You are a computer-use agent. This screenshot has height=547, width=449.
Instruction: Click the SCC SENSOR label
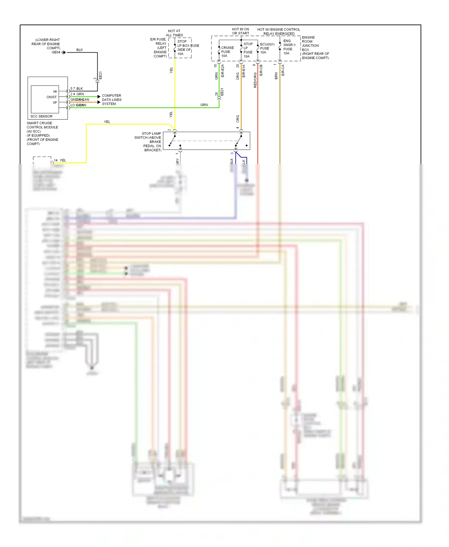click(x=41, y=116)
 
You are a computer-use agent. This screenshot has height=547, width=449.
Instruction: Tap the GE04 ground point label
click(x=56, y=52)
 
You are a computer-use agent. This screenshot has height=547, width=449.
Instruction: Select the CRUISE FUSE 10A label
click(x=227, y=52)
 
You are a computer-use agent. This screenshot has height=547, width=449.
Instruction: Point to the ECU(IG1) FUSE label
click(x=267, y=48)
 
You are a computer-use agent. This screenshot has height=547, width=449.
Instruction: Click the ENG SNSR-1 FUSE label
click(x=289, y=47)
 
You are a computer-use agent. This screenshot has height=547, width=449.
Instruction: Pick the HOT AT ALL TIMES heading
click(x=174, y=33)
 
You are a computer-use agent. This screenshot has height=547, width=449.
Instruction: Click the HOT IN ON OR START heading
click(x=240, y=31)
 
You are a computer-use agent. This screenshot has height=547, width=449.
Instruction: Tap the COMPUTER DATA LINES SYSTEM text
click(x=111, y=100)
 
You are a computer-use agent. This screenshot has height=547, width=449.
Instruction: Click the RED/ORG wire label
click(x=255, y=80)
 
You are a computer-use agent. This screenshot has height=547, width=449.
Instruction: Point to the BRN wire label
click(x=276, y=76)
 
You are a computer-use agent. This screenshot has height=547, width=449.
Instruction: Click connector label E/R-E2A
click(x=222, y=71)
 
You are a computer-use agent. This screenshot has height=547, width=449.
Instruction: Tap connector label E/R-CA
click(x=283, y=70)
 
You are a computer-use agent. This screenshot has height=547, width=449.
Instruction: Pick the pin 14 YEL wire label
click(x=60, y=160)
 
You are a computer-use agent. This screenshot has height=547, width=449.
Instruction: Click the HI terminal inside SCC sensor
click(x=55, y=92)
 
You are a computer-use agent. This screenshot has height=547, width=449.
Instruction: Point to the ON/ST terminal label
click(x=51, y=97)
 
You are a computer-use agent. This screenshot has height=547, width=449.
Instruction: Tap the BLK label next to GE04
click(x=79, y=50)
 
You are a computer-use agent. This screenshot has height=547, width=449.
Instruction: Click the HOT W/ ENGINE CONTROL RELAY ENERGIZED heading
click(x=279, y=31)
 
